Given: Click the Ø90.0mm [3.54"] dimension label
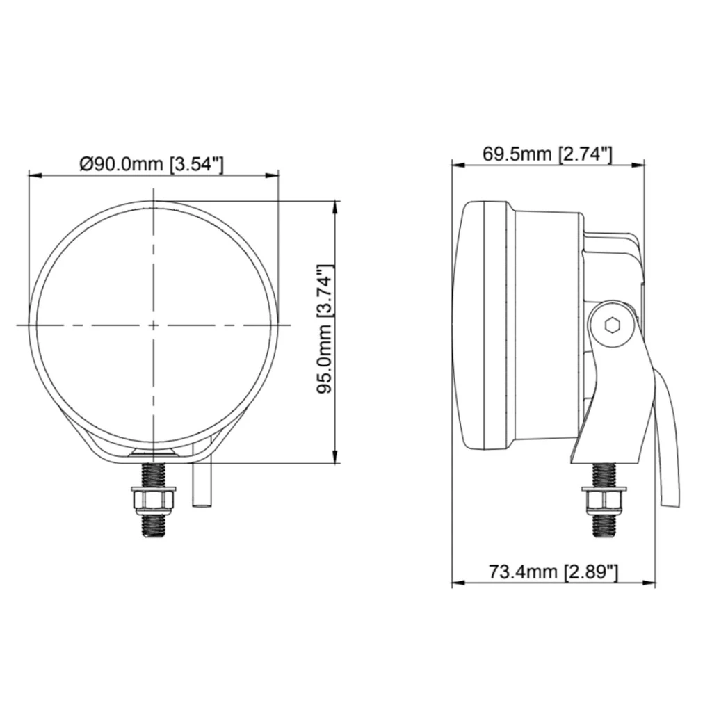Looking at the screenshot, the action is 152,163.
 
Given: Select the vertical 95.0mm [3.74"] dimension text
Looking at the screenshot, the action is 325,330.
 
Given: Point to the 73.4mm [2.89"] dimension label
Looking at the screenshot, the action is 553,572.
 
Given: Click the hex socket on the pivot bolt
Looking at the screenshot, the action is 612,325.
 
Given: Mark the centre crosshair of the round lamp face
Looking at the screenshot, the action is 154,325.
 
